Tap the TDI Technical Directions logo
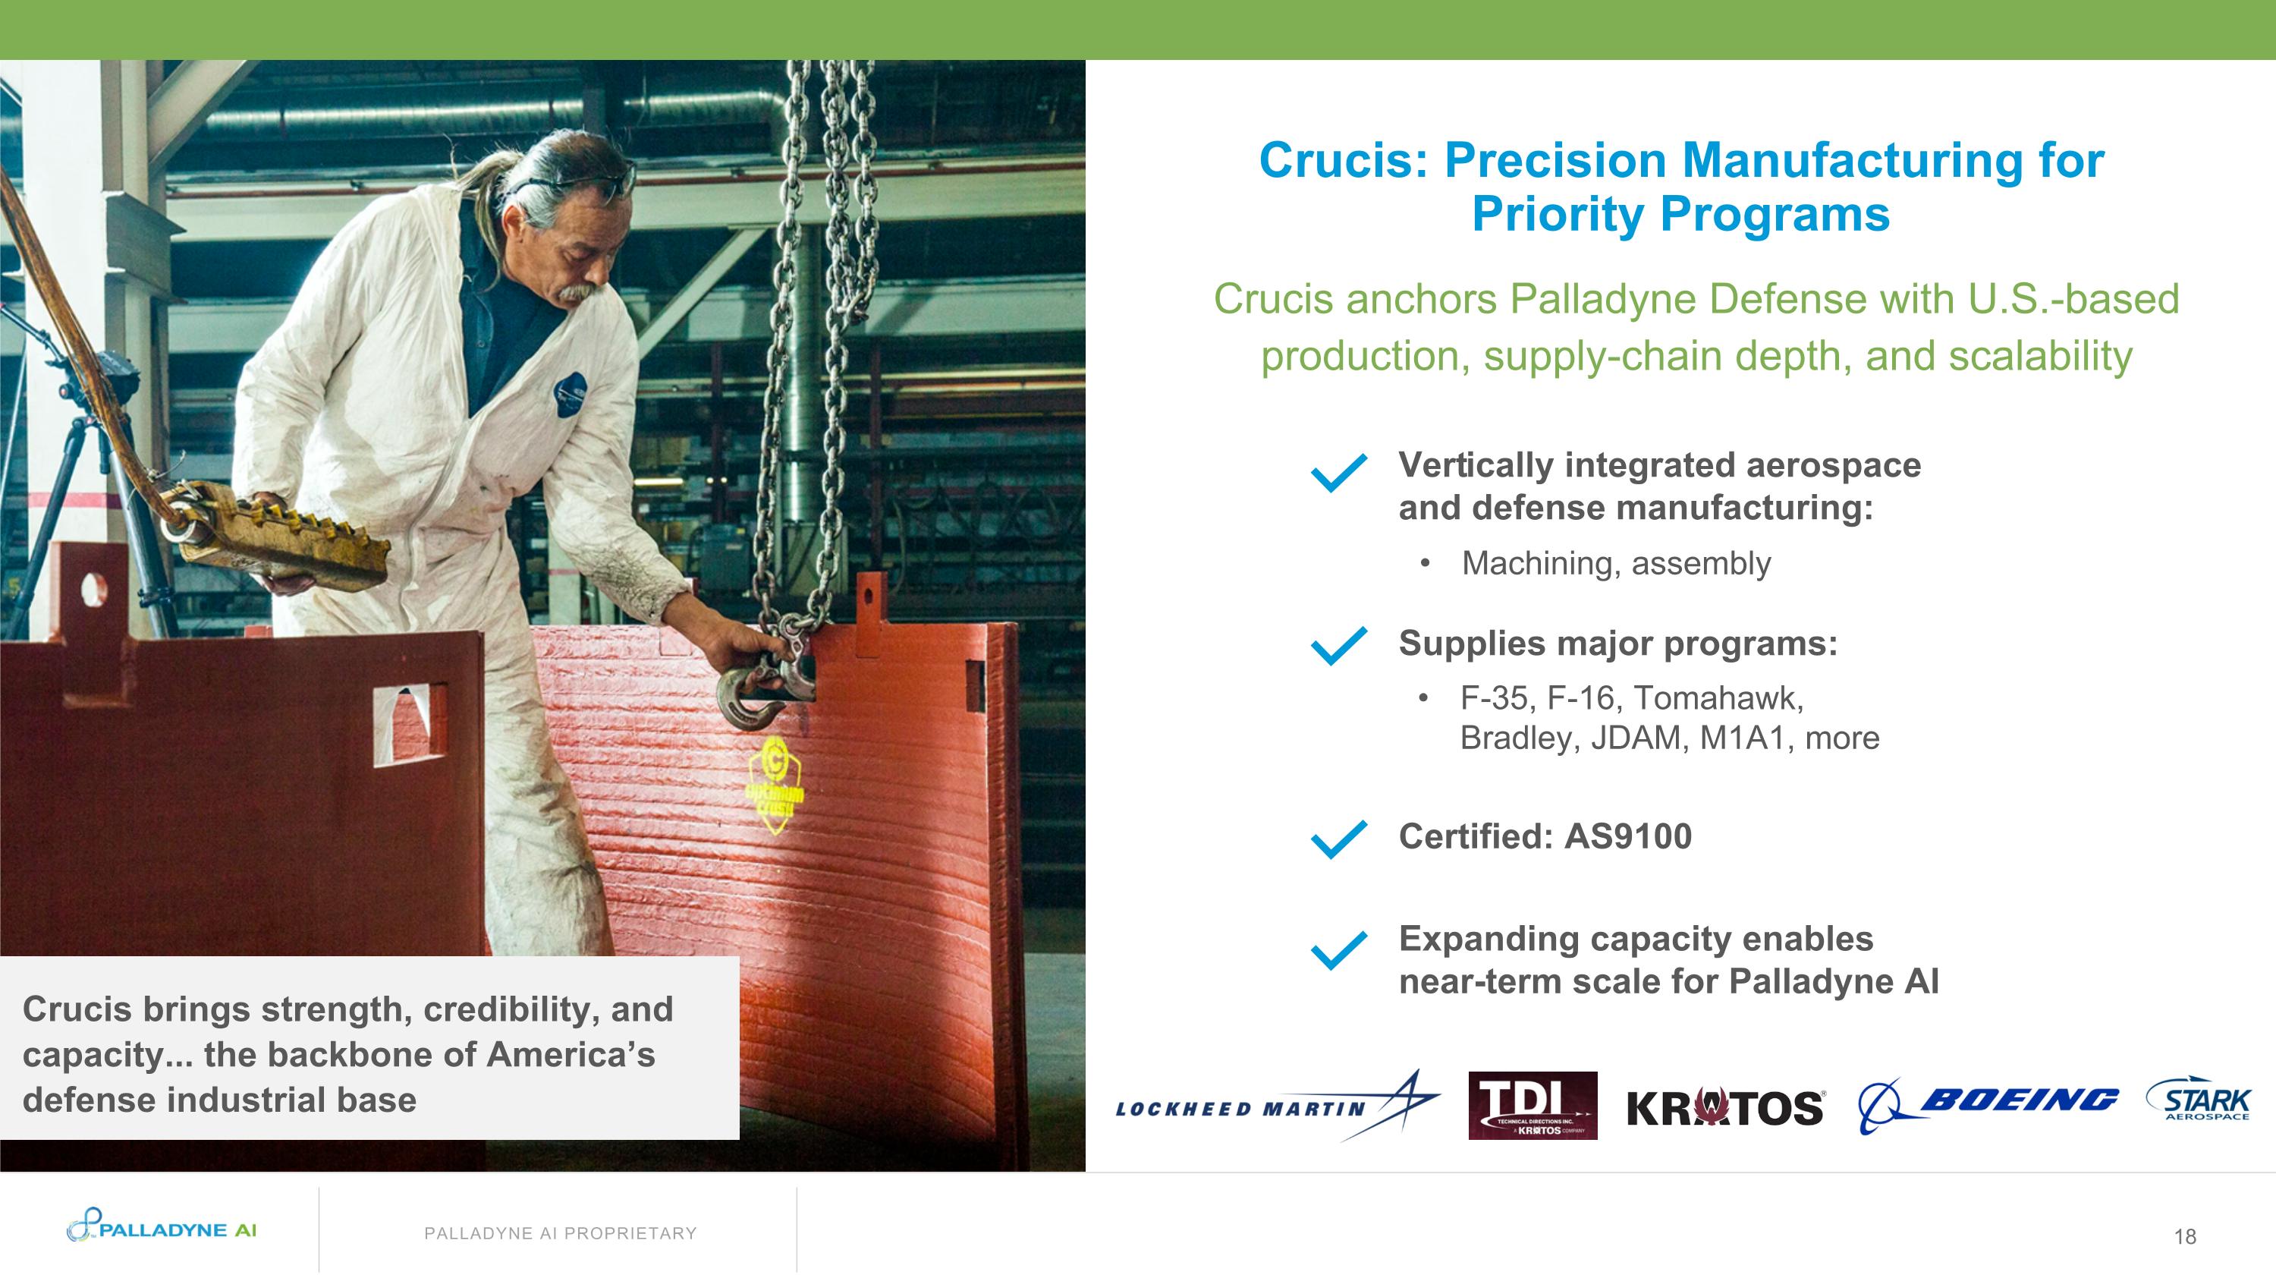(1532, 1105)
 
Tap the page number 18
(2185, 1236)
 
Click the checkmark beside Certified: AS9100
(1338, 839)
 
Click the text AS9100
(1627, 836)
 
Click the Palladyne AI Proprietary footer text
(560, 1233)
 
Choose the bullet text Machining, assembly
(1616, 563)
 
